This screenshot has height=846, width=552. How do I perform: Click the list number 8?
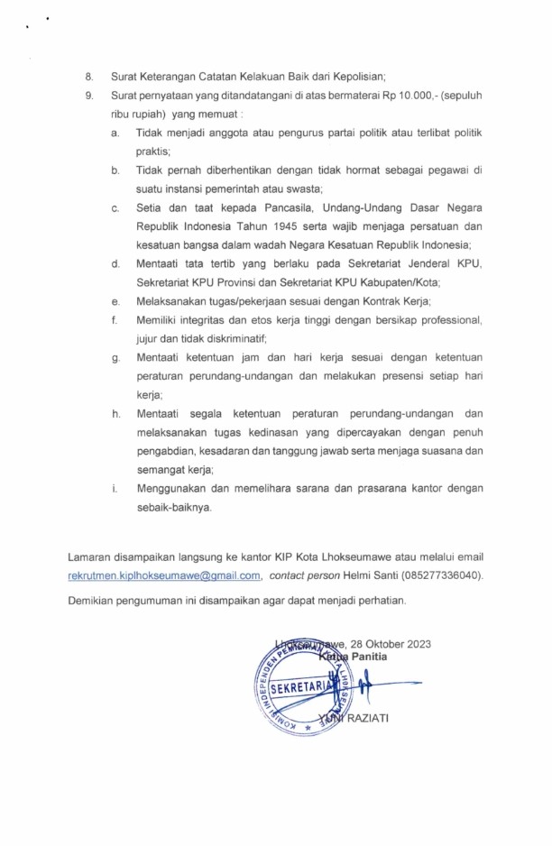(87, 76)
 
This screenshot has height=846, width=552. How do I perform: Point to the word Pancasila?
(256, 208)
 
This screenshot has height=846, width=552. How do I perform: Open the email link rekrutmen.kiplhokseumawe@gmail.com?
(164, 575)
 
